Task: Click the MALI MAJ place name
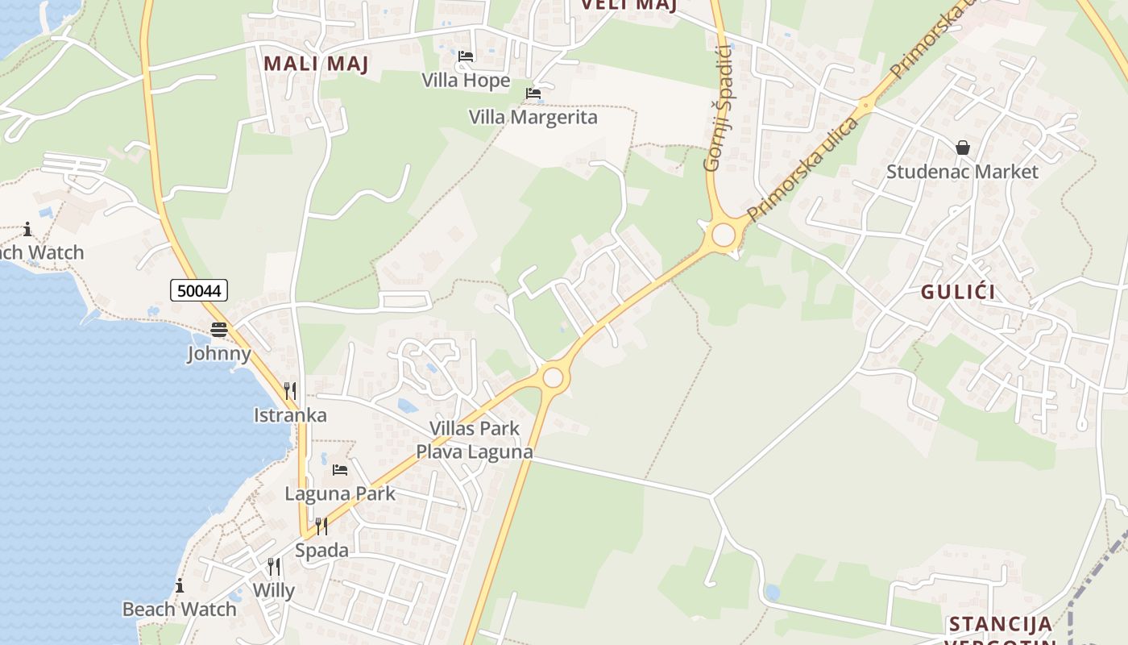click(x=316, y=64)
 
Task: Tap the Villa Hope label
click(x=466, y=81)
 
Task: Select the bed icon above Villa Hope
click(x=466, y=56)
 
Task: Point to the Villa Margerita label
click(x=533, y=118)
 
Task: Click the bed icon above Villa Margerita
click(x=533, y=94)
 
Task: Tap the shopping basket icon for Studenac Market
click(x=963, y=148)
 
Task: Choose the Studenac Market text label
click(x=963, y=172)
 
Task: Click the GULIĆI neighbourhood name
click(x=958, y=293)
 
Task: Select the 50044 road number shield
click(x=199, y=290)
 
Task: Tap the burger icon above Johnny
click(x=219, y=330)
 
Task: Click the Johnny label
click(x=219, y=354)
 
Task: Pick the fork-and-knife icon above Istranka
click(x=290, y=391)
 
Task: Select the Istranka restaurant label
click(x=290, y=415)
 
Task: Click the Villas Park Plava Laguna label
click(x=475, y=440)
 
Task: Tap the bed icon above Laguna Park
click(x=340, y=469)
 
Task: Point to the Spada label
click(x=321, y=551)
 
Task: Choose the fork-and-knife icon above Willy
click(x=274, y=566)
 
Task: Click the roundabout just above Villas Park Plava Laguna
click(x=553, y=377)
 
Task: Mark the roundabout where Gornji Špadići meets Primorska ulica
click(x=724, y=235)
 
